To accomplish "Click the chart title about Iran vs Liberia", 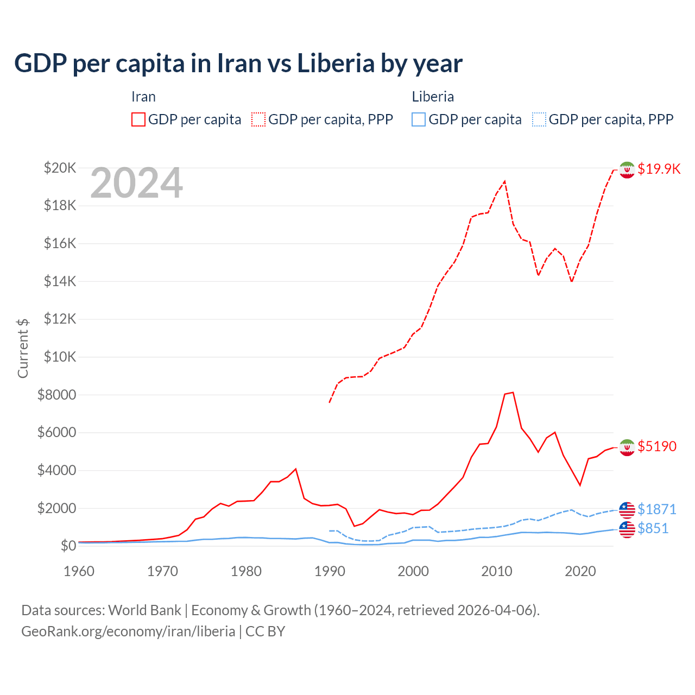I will tap(238, 64).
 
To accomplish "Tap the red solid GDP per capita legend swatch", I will tap(138, 119).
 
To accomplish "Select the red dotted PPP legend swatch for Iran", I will tap(258, 119).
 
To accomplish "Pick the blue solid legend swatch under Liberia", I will tap(419, 119).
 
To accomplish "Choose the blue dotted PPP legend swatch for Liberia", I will tap(539, 119).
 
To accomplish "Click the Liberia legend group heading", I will tap(433, 97).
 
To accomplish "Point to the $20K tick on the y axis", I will tap(60, 168).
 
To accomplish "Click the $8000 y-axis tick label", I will tap(56, 395).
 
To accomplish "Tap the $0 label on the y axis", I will tap(68, 546).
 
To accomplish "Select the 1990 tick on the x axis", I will tap(330, 571).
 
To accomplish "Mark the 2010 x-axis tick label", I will tap(497, 571).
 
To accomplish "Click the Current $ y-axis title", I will tap(23, 348).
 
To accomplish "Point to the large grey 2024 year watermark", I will tap(136, 183).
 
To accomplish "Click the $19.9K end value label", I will tap(659, 169).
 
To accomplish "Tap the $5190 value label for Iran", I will tap(657, 446).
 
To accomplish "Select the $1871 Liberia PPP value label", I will tap(656, 509).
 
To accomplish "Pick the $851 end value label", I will tap(653, 528).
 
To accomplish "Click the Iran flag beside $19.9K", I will tap(627, 170).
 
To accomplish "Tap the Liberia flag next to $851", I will tap(627, 529).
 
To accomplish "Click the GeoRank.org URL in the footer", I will tap(128, 631).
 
